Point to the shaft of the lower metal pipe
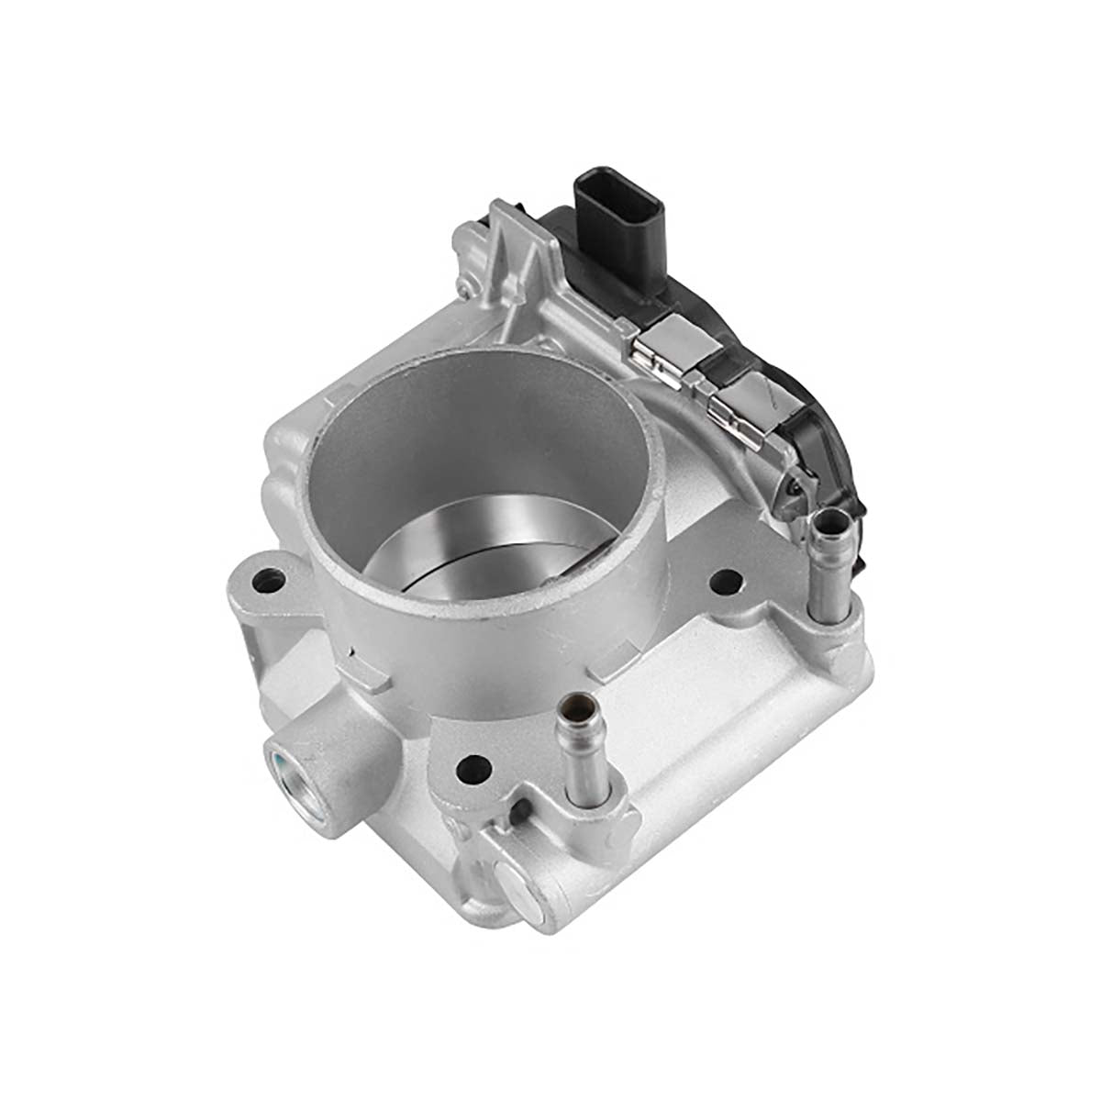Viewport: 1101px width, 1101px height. pyautogui.click(x=583, y=771)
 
